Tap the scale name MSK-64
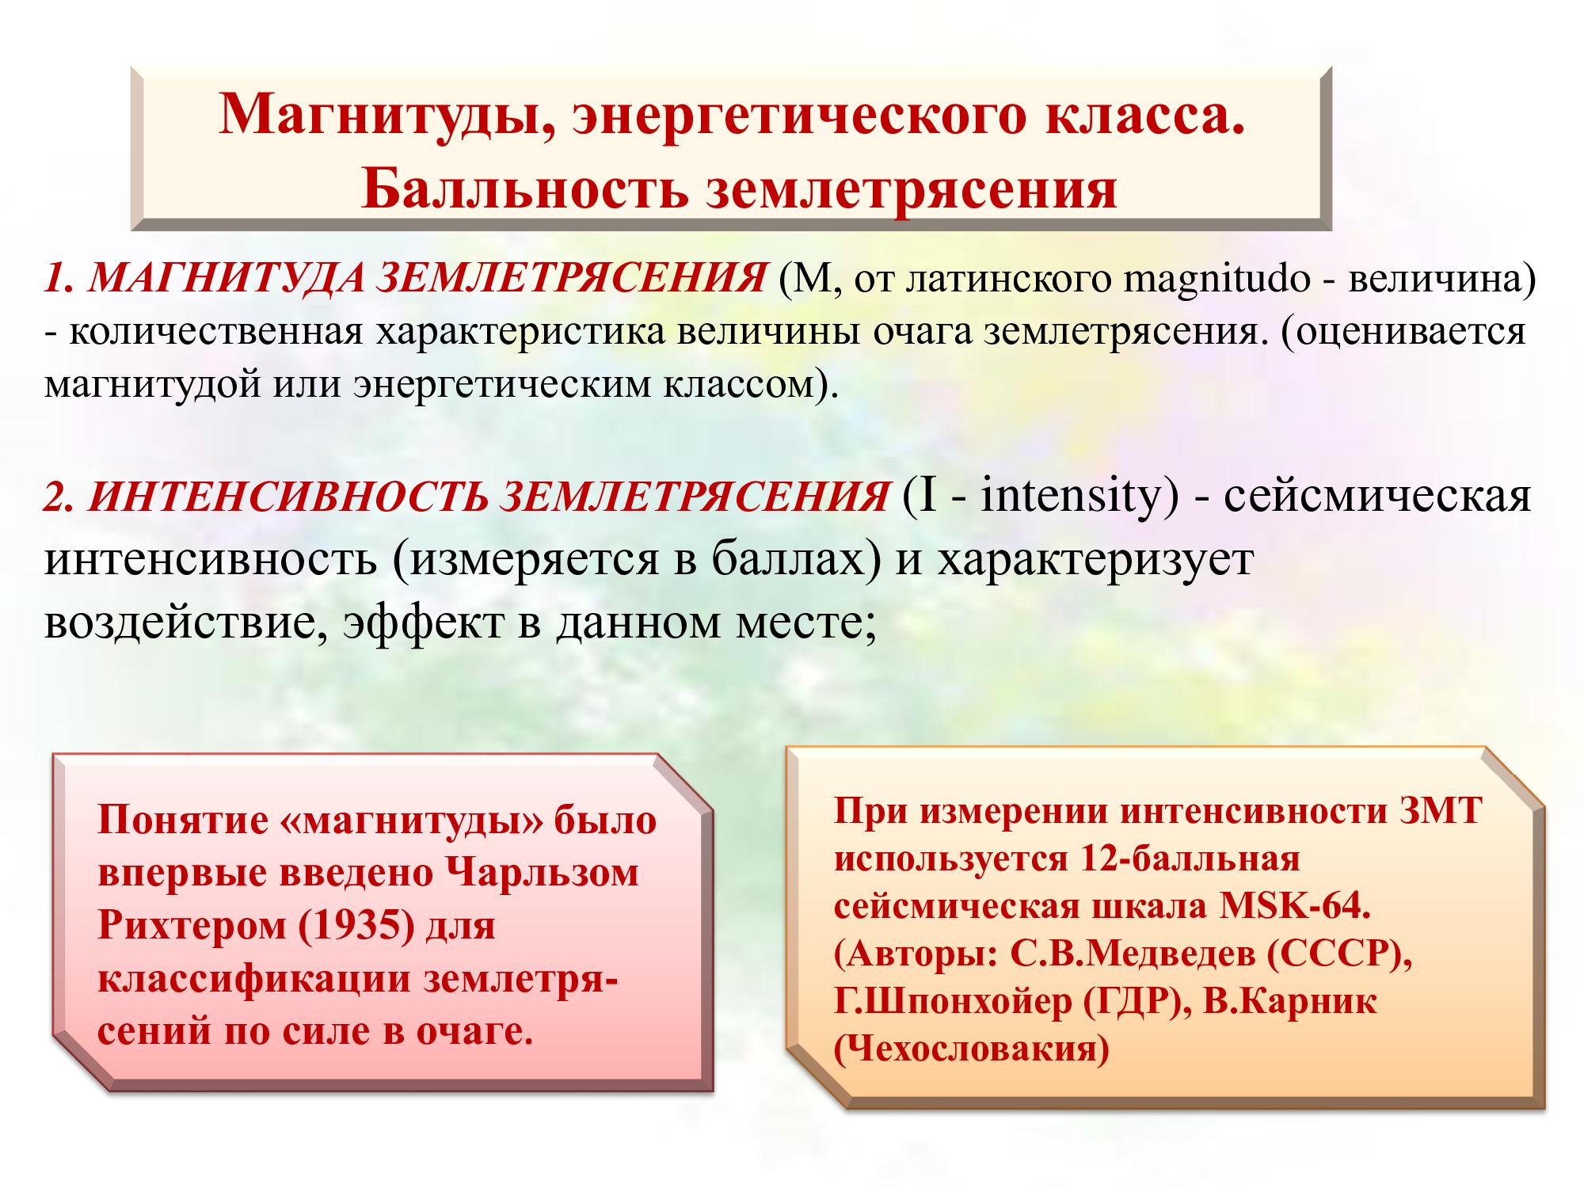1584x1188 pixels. pos(1293,906)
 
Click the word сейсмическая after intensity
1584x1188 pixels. pos(1377,497)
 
